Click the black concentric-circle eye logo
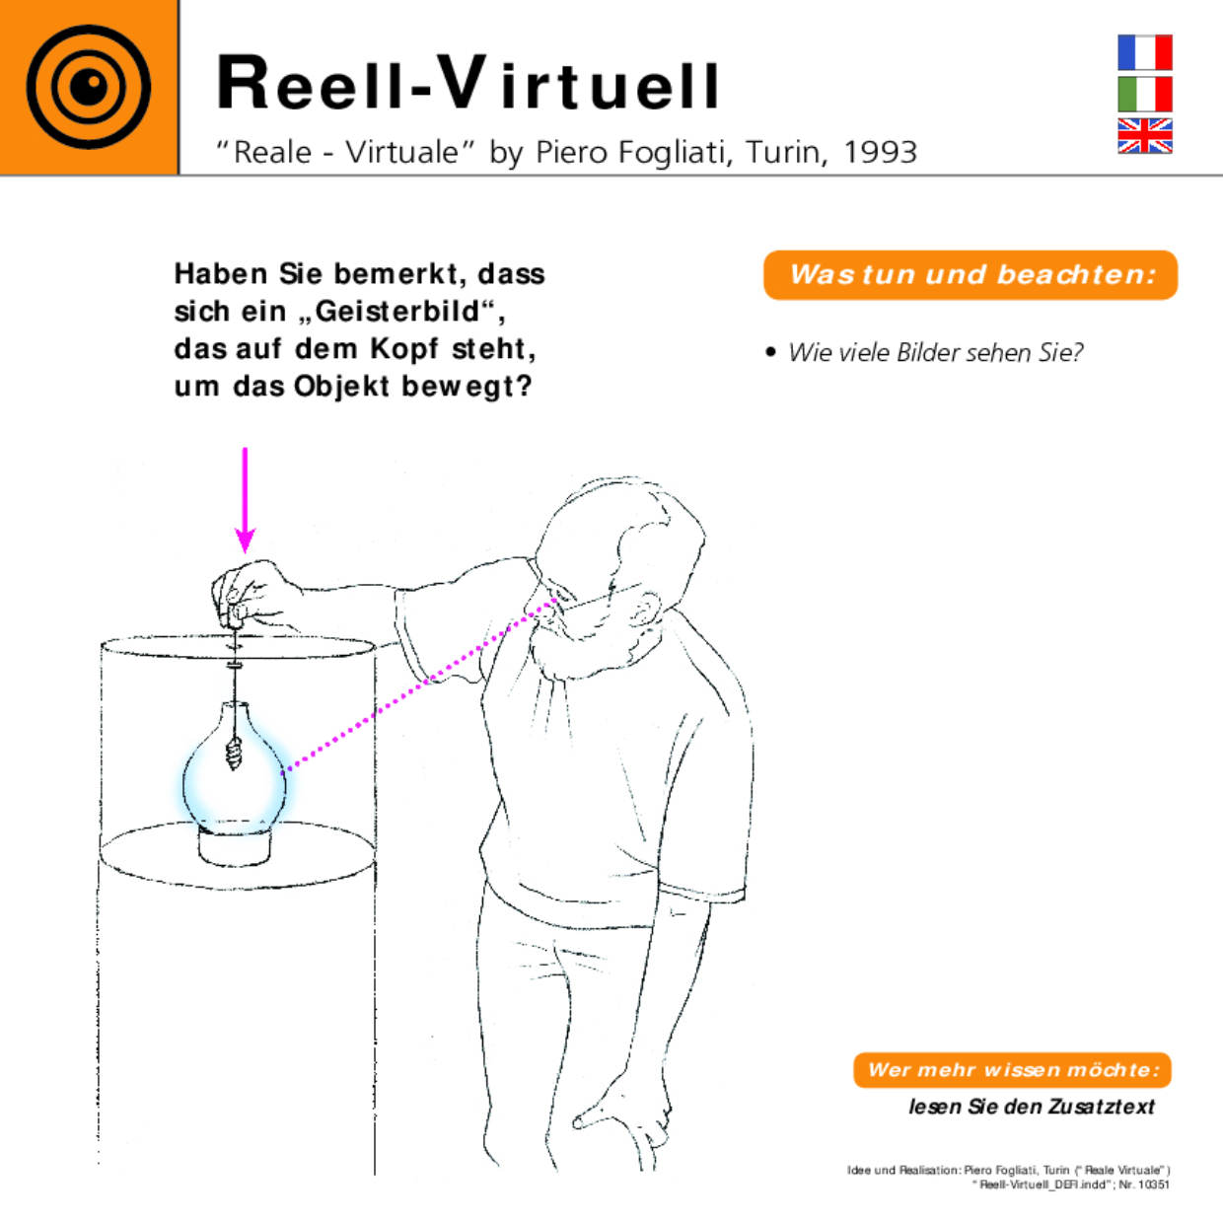(89, 87)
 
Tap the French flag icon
(1144, 53)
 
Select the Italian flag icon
(1144, 95)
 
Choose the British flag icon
(1144, 136)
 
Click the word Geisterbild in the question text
(398, 312)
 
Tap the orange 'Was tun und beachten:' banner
(971, 275)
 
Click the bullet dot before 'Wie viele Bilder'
(771, 352)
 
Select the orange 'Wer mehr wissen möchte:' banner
(1012, 1070)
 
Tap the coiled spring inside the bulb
(234, 755)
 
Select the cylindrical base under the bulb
(235, 847)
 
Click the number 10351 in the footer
(1153, 1185)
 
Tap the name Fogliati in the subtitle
(671, 152)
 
